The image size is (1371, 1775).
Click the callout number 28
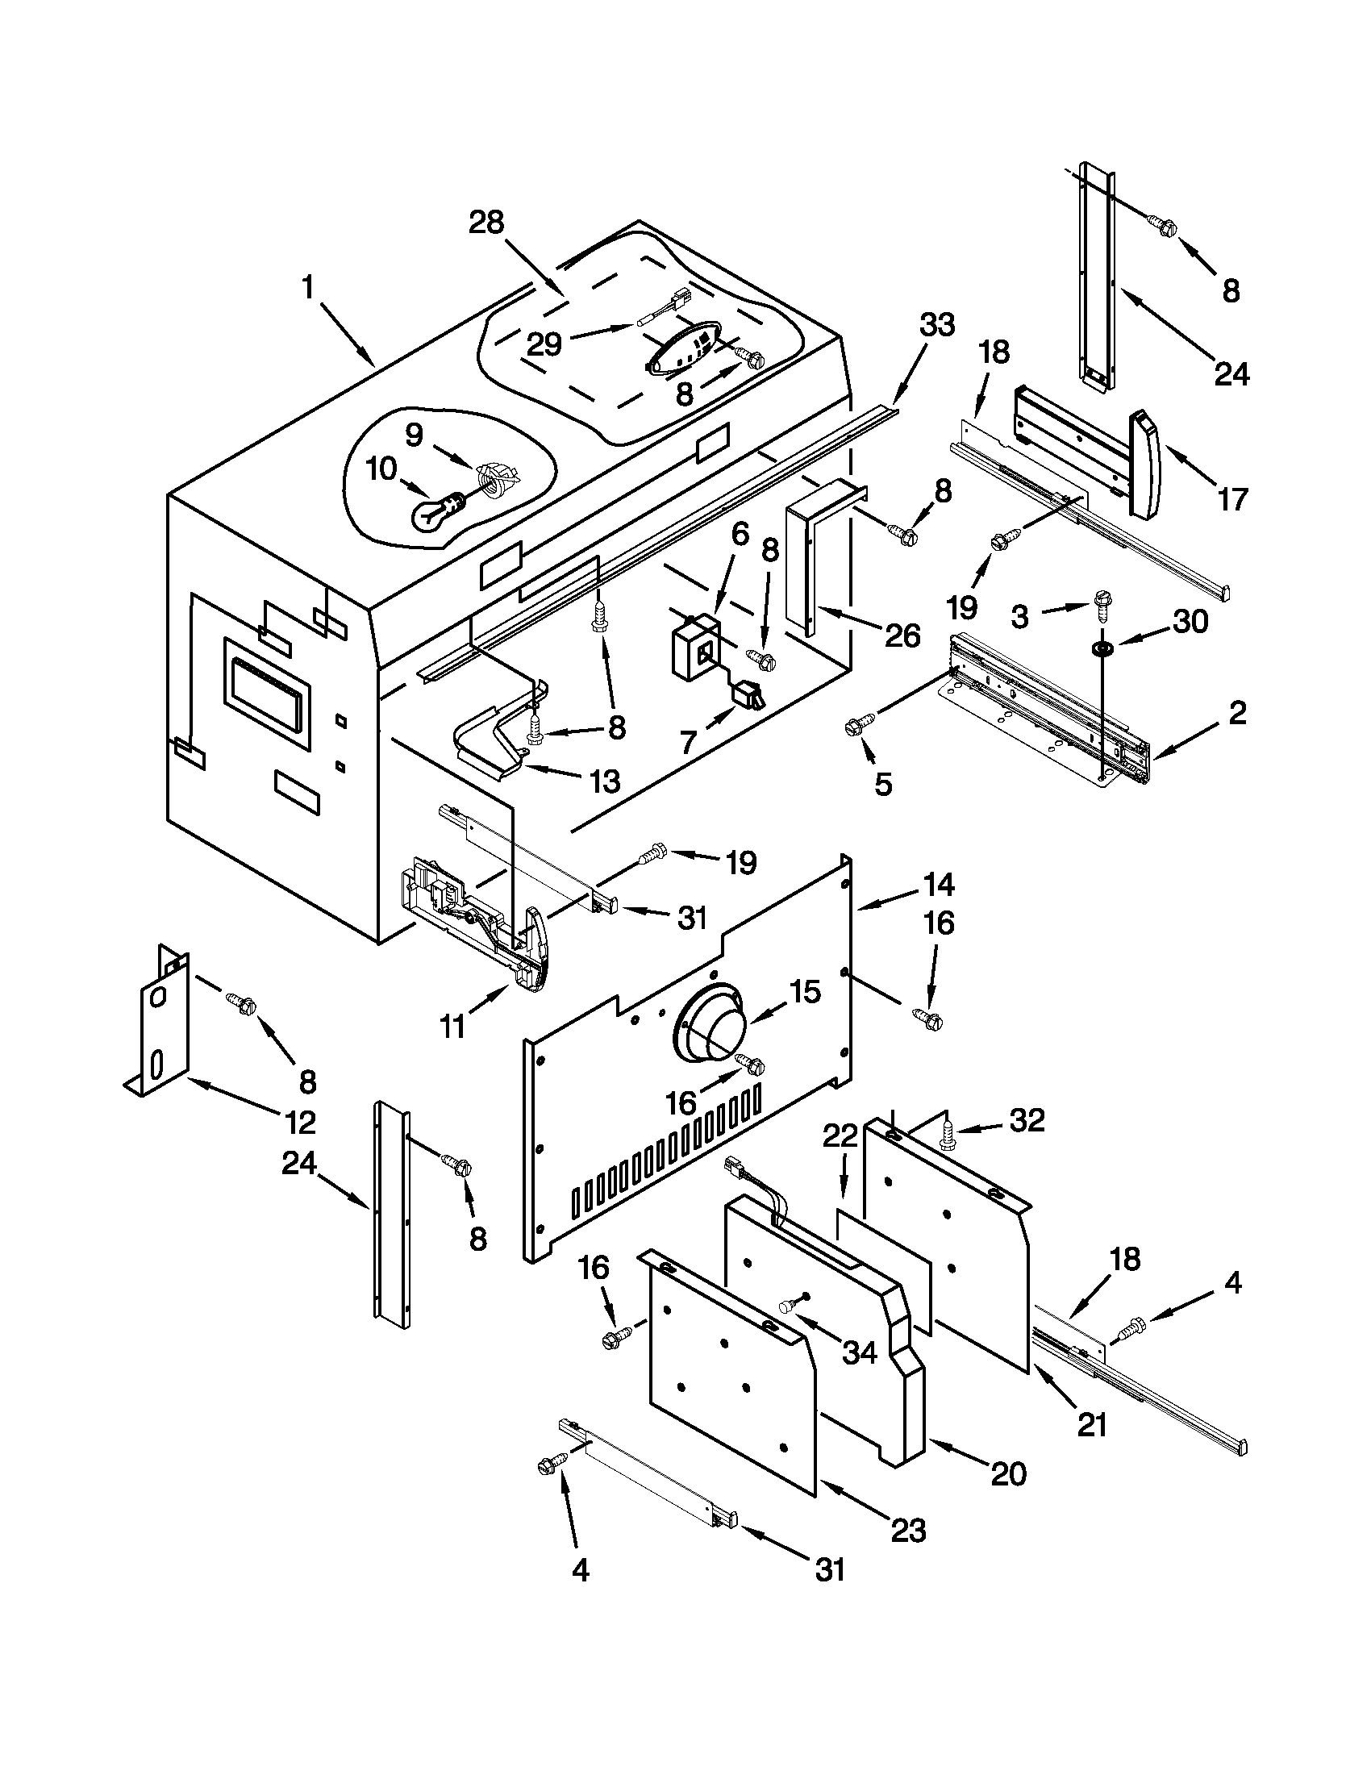coord(487,222)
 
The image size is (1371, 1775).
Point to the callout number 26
coord(903,635)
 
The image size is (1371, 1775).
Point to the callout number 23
coord(909,1531)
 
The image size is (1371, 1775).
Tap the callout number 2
coord(1236,713)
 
